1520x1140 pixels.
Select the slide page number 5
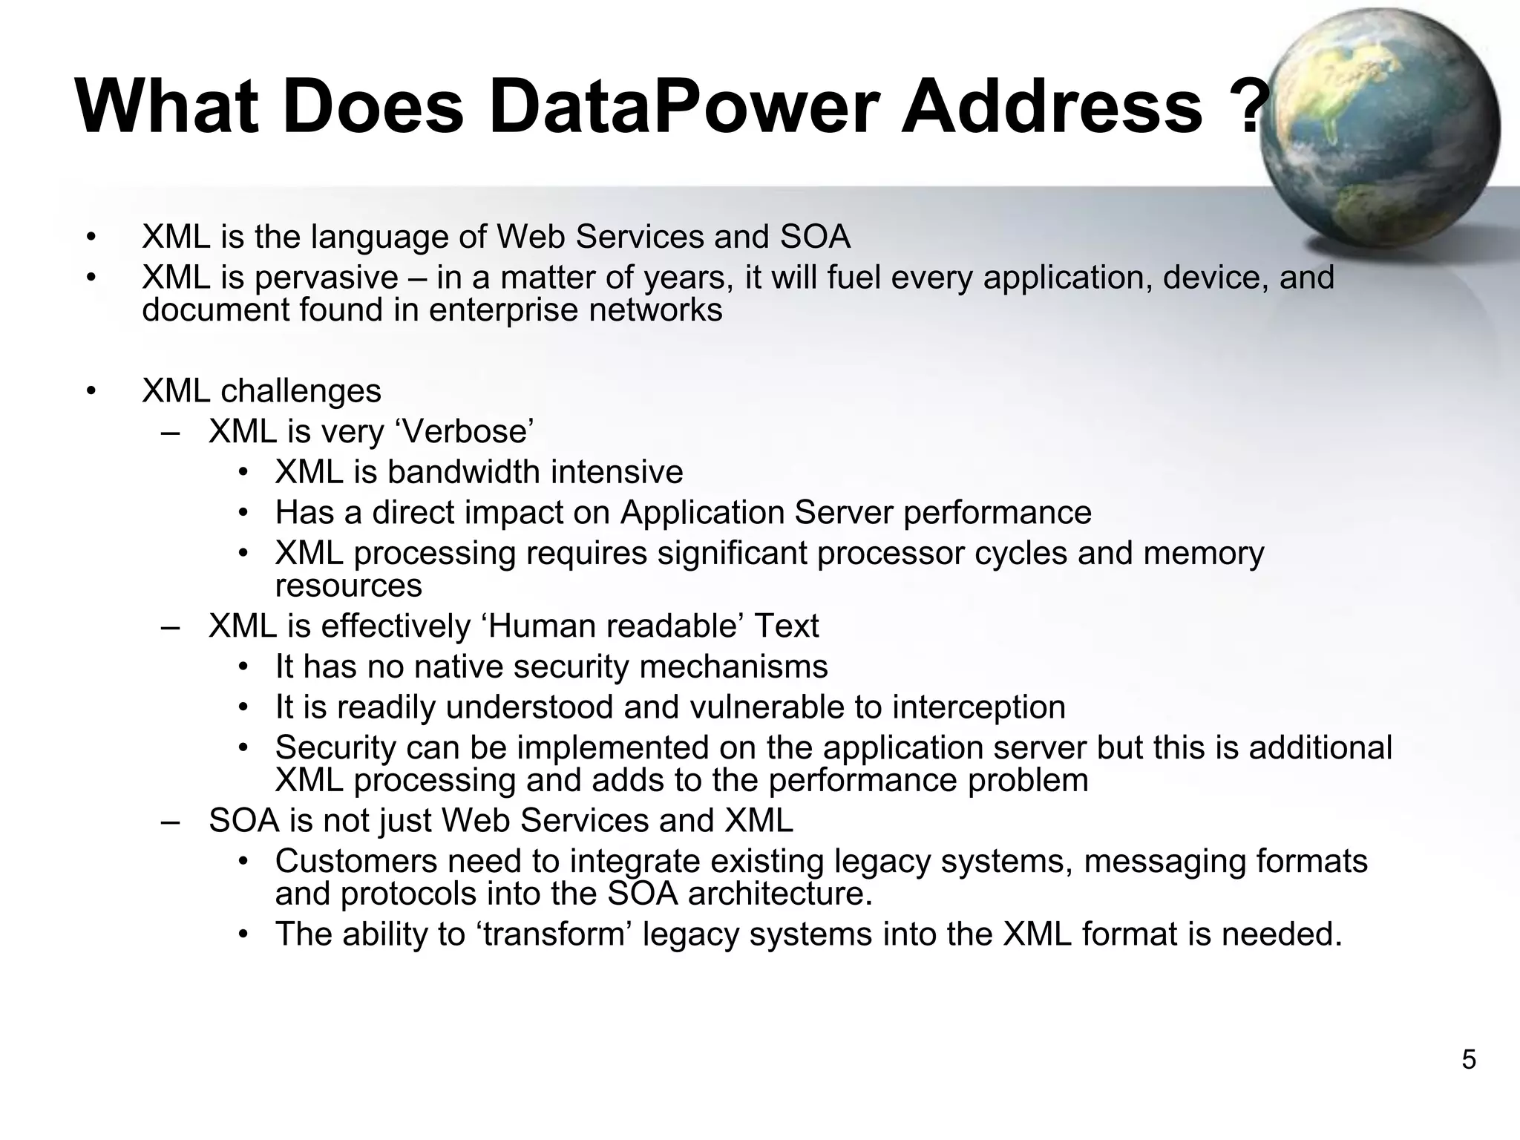pos(1469,1060)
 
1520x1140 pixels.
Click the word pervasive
pos(327,278)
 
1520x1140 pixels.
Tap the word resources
pos(348,586)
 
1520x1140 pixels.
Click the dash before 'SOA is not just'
pos(170,822)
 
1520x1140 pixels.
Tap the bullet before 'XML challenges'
pos(91,391)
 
